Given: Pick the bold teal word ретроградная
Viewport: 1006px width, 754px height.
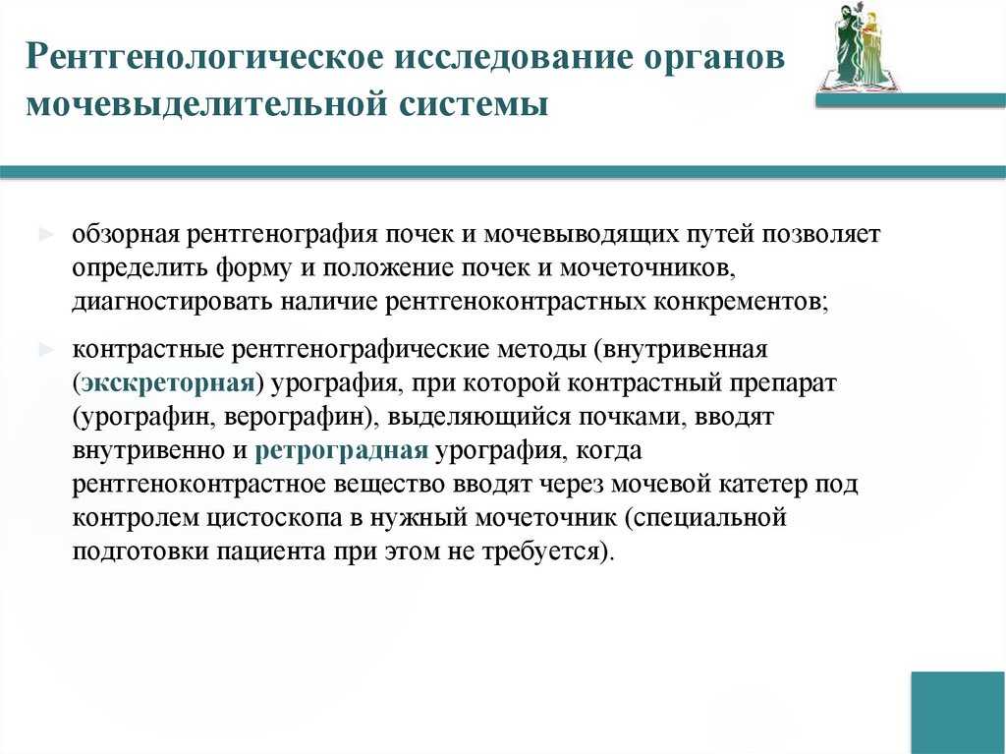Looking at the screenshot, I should [x=341, y=451].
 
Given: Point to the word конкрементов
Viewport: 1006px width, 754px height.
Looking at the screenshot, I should [x=740, y=300].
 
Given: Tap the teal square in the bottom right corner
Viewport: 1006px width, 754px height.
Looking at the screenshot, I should [x=957, y=713].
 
